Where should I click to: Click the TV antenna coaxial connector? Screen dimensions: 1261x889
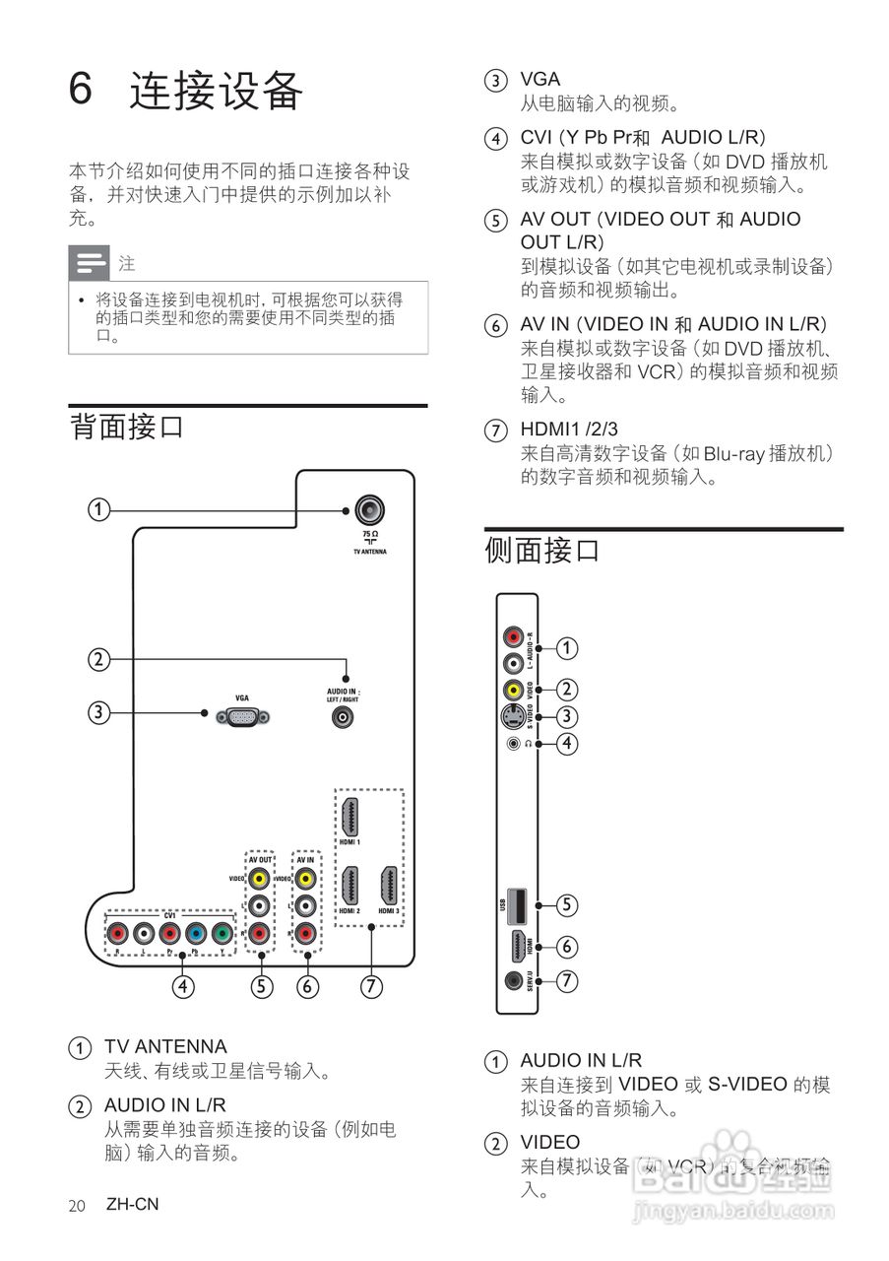point(370,510)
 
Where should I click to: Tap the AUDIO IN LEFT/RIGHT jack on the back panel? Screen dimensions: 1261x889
point(344,717)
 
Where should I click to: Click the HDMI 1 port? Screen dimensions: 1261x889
point(349,818)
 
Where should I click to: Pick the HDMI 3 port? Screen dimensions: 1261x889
point(389,886)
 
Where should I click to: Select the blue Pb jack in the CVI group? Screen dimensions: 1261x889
point(195,932)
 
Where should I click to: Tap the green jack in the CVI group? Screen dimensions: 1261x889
point(222,932)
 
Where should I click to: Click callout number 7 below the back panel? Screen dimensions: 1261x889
point(371,985)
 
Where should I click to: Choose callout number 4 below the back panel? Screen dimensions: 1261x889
point(182,985)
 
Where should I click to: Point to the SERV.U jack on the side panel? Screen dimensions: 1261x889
point(513,980)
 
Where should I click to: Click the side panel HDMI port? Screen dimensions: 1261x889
point(517,947)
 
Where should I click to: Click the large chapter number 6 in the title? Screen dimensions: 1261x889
point(81,90)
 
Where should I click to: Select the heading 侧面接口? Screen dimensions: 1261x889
point(542,550)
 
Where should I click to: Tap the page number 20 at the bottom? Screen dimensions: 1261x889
point(78,1206)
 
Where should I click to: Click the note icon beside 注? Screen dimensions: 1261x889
point(90,264)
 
